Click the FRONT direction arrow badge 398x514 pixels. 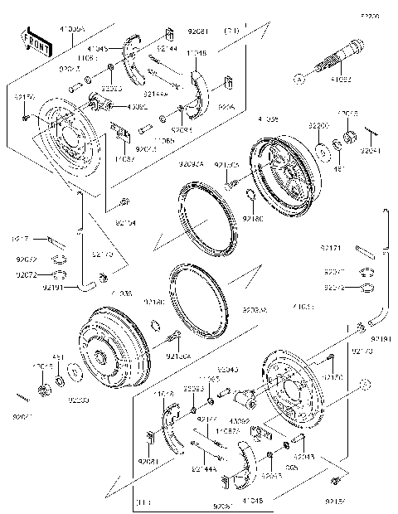click(x=32, y=41)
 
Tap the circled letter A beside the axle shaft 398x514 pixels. click(x=300, y=80)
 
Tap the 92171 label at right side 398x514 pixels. click(x=331, y=246)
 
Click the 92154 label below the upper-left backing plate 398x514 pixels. click(x=125, y=222)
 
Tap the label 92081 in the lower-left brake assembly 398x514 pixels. click(x=148, y=459)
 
